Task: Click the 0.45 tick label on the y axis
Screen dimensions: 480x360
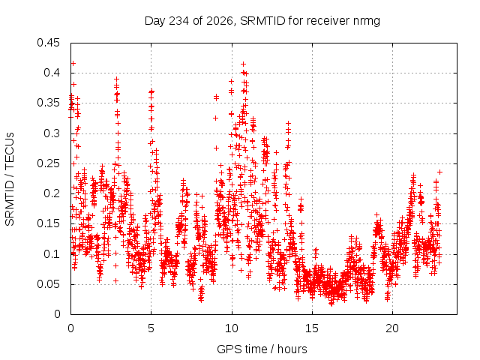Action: (x=48, y=43)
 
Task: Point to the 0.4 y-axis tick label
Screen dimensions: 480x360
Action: (x=52, y=73)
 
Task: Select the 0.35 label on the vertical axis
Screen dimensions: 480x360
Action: (x=48, y=103)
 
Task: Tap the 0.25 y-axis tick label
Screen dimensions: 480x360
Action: (x=48, y=163)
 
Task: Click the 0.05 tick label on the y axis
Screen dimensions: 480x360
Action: (x=48, y=284)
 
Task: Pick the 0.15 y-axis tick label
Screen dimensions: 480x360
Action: (x=48, y=223)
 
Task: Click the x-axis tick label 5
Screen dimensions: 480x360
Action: (x=151, y=328)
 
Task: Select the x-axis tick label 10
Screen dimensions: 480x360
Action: (x=232, y=328)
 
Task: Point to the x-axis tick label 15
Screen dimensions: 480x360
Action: (x=312, y=328)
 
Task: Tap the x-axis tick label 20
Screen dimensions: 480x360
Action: (x=392, y=328)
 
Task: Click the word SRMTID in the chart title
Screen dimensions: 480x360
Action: (x=263, y=21)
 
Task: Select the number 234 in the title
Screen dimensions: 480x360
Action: (x=179, y=21)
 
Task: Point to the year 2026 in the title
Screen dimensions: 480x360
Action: (x=220, y=21)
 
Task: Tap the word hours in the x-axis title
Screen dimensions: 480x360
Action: (x=292, y=349)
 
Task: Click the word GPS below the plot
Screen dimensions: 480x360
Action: (x=228, y=349)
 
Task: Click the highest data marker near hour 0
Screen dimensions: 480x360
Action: (x=73, y=63)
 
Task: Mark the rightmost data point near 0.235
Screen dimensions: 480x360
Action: (x=440, y=172)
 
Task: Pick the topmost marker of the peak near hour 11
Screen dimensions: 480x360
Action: (x=243, y=64)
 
